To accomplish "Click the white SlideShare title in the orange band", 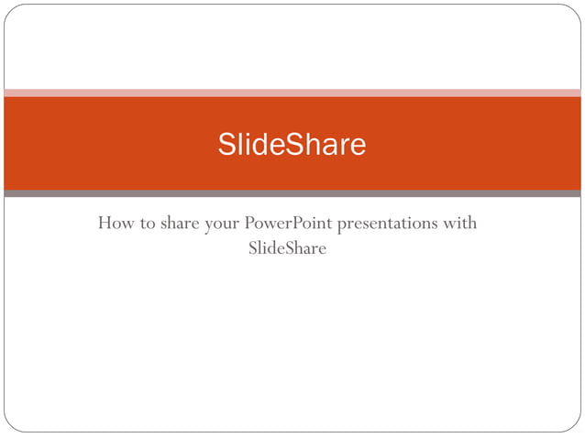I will pos(292,144).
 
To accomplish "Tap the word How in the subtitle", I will pos(114,223).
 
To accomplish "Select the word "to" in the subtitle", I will pos(148,224).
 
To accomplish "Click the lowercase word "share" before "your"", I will pos(180,223).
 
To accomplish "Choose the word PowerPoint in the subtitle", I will pos(288,223).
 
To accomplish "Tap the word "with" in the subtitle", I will pos(458,223).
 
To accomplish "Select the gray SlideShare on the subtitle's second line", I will pos(287,247).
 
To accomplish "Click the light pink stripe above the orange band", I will pos(292,93).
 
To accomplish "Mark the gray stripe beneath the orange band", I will pos(292,193).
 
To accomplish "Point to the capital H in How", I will pos(105,223).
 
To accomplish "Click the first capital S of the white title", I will pos(226,144).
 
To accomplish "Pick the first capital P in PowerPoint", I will pos(249,223).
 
